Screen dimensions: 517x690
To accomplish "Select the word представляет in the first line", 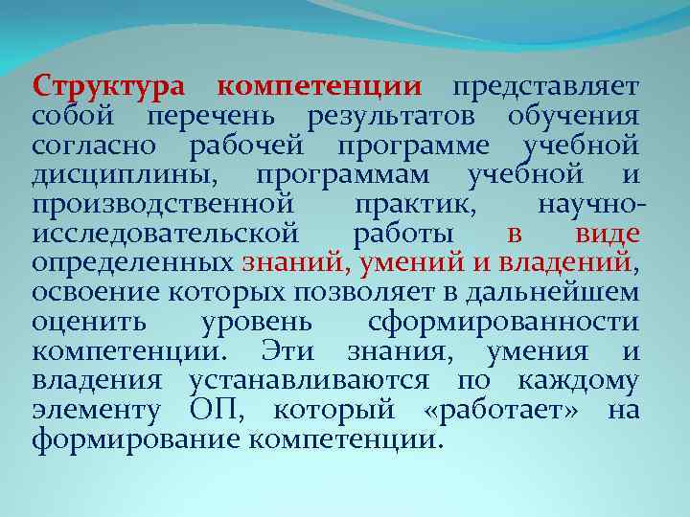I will [x=545, y=87].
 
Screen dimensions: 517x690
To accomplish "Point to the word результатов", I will [x=393, y=117].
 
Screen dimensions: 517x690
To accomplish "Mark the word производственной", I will [x=161, y=206].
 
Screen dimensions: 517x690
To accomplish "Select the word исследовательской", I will [x=166, y=235].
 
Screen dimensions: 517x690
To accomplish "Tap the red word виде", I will [x=608, y=235].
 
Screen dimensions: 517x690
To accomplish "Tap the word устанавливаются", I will [x=309, y=382].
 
